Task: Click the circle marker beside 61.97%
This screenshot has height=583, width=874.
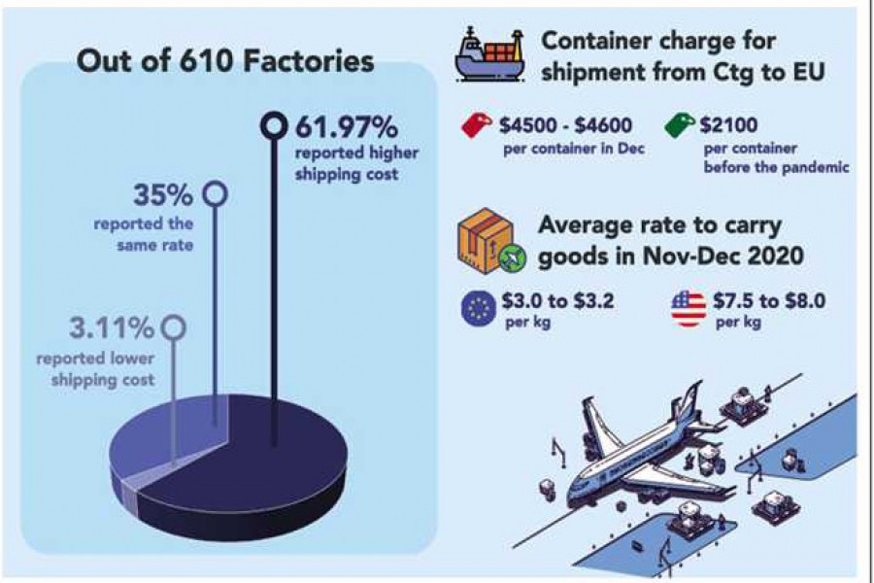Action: pyautogui.click(x=275, y=124)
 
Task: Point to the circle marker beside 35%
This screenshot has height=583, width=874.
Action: pyautogui.click(x=215, y=195)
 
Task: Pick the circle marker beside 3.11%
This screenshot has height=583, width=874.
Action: pyautogui.click(x=173, y=326)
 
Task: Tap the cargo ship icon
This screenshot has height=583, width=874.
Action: pyautogui.click(x=488, y=57)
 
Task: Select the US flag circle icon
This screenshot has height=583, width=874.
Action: pyautogui.click(x=688, y=308)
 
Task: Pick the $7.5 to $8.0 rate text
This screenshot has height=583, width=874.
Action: pyautogui.click(x=772, y=300)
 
